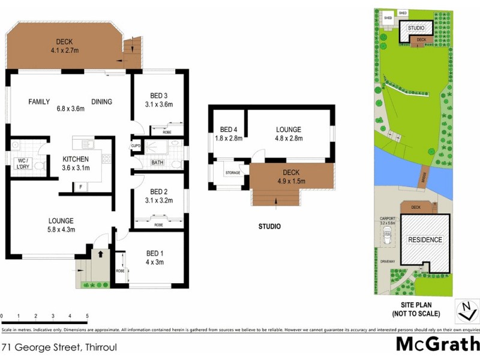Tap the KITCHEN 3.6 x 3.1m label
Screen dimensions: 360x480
[76, 163]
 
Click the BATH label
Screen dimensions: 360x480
[157, 163]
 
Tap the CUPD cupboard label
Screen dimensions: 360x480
[136, 146]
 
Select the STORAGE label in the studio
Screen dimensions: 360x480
[233, 173]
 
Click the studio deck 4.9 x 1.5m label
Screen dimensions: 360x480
[291, 177]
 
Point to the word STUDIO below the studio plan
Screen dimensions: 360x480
[269, 227]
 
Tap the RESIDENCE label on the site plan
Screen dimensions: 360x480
[425, 240]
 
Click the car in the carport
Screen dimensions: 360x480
[386, 239]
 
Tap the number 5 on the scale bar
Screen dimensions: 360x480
[87, 316]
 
